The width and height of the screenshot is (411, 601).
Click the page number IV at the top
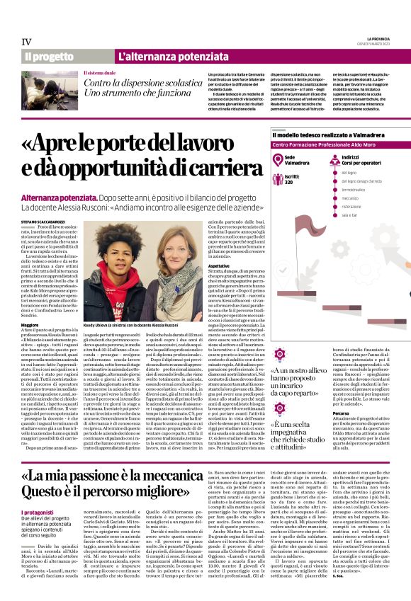point(28,42)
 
